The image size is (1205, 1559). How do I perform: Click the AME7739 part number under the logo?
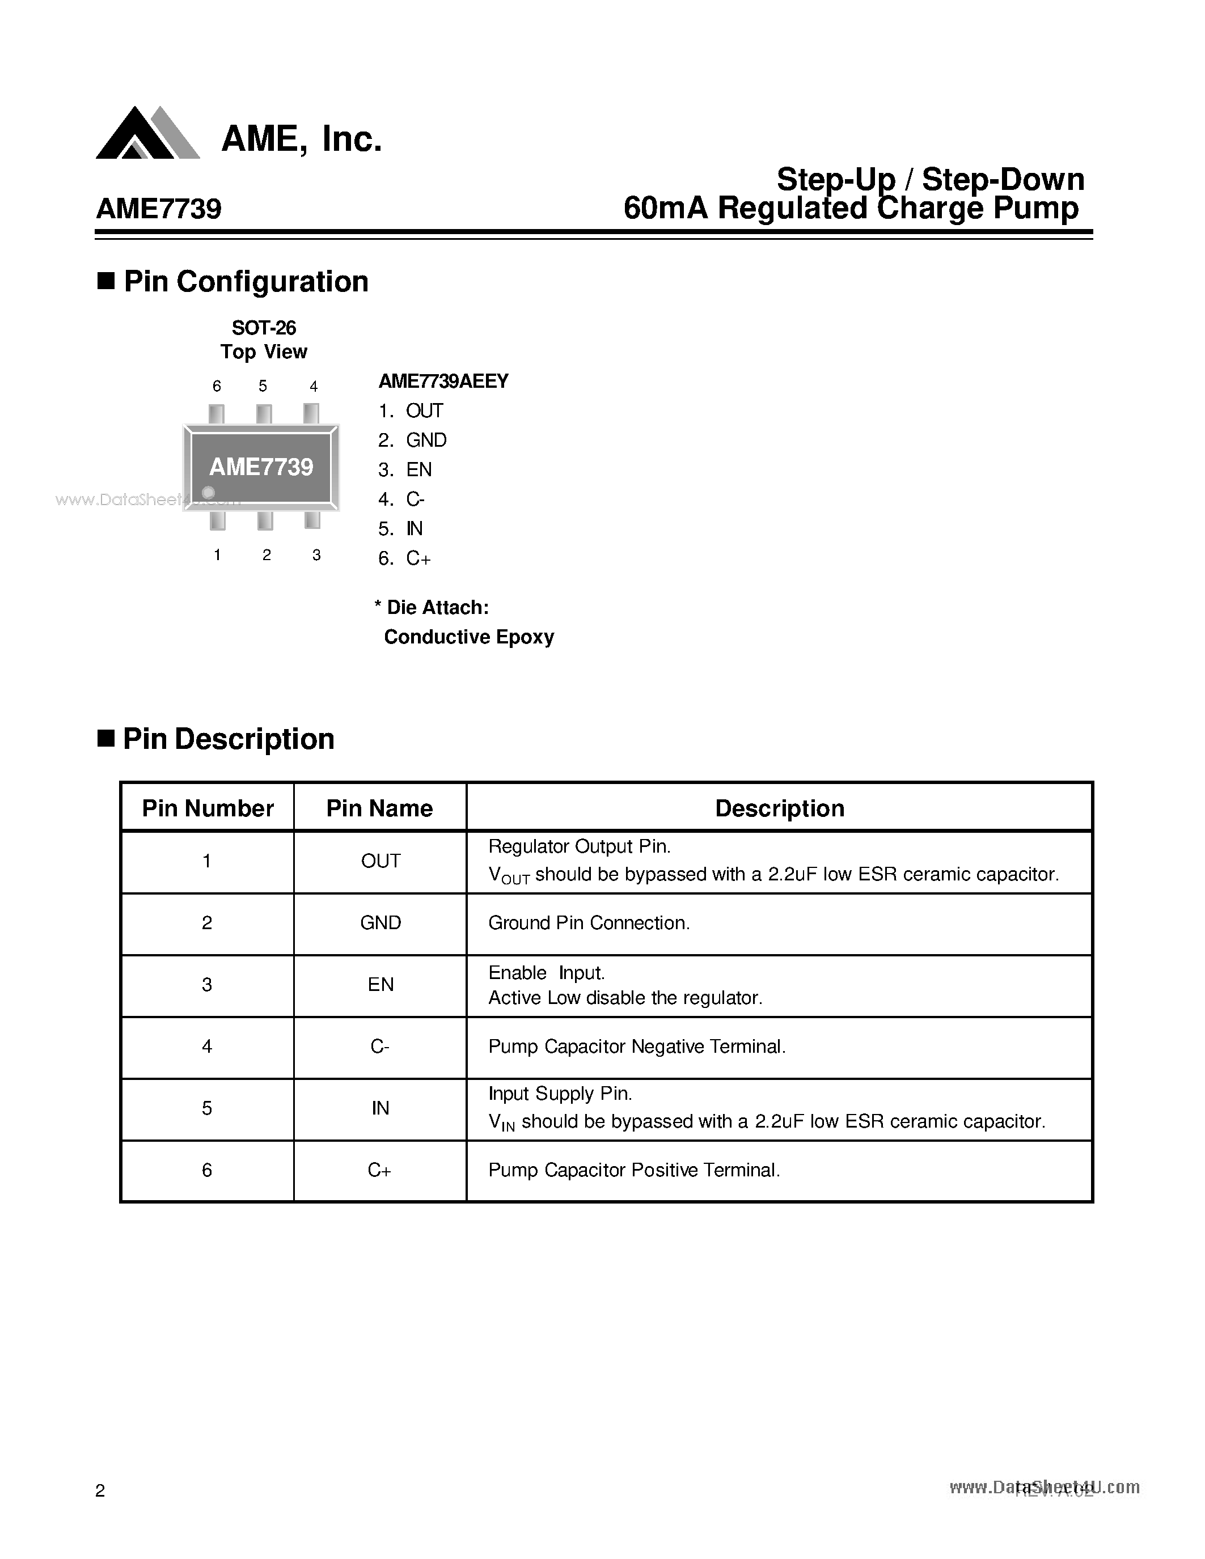(x=158, y=209)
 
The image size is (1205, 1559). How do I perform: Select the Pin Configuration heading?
(x=246, y=282)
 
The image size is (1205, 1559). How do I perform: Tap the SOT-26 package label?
(x=264, y=328)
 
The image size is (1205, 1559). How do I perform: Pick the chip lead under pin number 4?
(x=311, y=414)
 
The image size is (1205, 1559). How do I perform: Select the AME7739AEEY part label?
(x=443, y=381)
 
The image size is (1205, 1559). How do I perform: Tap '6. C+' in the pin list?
(x=405, y=558)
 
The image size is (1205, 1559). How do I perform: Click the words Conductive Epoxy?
(x=469, y=637)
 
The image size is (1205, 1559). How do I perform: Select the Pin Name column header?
(x=380, y=808)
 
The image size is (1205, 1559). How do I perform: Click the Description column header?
(x=780, y=808)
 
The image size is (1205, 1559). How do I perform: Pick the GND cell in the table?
(x=380, y=923)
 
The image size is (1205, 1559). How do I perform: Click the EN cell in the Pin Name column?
(x=380, y=985)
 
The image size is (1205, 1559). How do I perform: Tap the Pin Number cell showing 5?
(x=207, y=1108)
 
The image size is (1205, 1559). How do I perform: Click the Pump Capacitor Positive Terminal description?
(x=634, y=1170)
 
